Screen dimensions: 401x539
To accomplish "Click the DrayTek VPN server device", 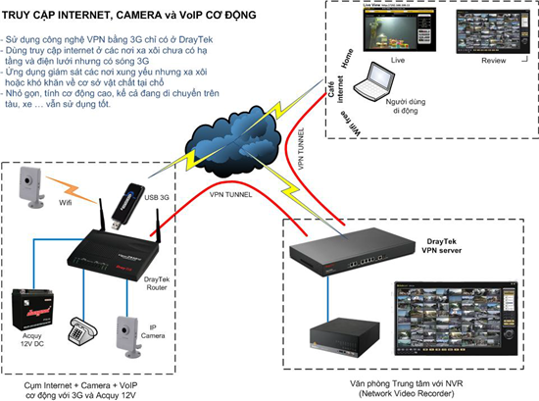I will [x=345, y=254].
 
